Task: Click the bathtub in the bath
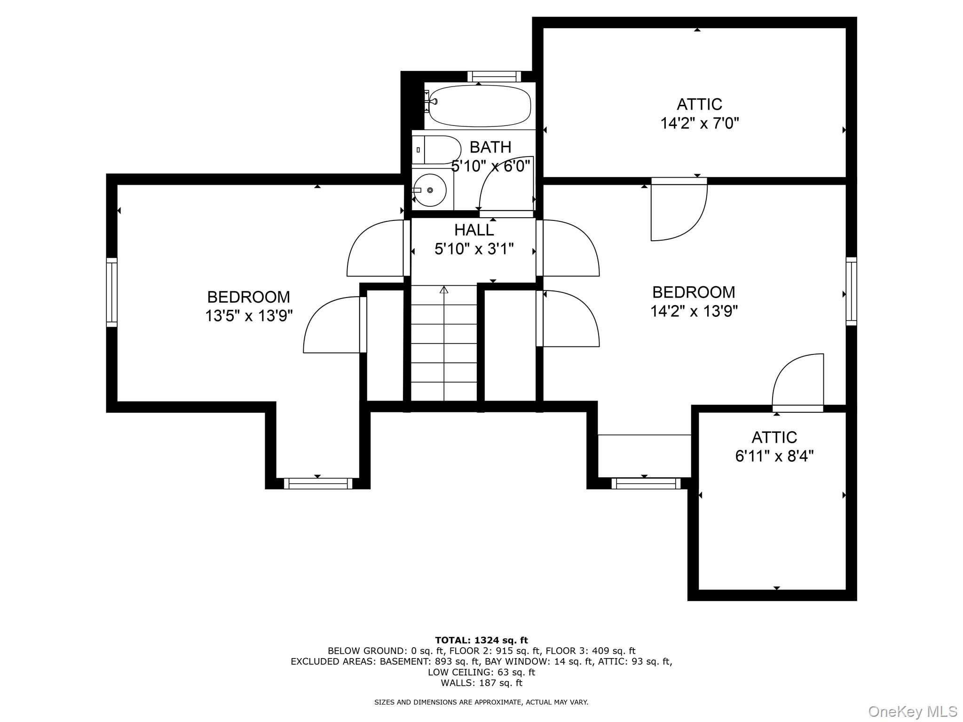tap(480, 106)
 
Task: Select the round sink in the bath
tap(430, 190)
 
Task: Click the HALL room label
tap(474, 230)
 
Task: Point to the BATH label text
tap(490, 147)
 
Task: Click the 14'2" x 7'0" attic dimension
tap(699, 124)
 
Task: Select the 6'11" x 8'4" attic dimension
tap(774, 456)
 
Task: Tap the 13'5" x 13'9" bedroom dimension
tap(249, 316)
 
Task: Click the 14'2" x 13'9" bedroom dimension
tap(694, 311)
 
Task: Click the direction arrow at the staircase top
tap(443, 290)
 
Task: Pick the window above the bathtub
tap(494, 76)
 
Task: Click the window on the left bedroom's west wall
tap(111, 292)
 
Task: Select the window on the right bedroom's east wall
tap(851, 291)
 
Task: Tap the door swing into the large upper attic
tap(678, 212)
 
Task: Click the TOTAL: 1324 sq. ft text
tap(481, 640)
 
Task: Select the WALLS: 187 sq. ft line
tap(481, 683)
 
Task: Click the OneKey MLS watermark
tap(912, 711)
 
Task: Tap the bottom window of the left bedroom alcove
tap(318, 483)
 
